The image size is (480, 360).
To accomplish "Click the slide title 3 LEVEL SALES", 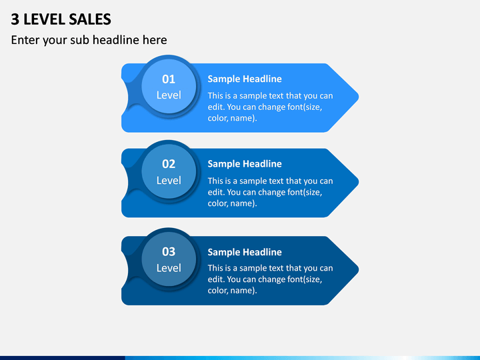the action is [x=61, y=19].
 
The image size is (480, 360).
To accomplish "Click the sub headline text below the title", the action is [x=89, y=40].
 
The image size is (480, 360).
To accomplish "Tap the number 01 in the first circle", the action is [x=169, y=79].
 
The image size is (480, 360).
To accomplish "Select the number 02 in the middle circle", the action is [x=169, y=164].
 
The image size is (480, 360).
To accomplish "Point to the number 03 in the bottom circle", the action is [x=169, y=251].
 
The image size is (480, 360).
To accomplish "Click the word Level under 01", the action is [x=169, y=95].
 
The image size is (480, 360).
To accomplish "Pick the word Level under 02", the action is [x=169, y=180].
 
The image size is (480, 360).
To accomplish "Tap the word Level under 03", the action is [x=169, y=268].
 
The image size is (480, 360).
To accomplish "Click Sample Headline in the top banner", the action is [x=245, y=79].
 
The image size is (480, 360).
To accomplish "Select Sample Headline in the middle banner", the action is [x=245, y=164].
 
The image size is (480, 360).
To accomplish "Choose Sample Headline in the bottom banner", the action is [x=245, y=252].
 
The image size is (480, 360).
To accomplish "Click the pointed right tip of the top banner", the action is [x=359, y=97].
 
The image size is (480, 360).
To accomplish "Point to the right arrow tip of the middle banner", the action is [x=359, y=182].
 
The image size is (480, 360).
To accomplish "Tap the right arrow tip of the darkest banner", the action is [x=359, y=269].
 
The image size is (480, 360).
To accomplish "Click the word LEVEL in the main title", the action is [x=44, y=19].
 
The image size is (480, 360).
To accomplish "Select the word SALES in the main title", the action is [x=90, y=19].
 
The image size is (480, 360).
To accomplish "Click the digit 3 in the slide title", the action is [x=15, y=19].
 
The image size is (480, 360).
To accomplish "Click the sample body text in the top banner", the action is [x=270, y=107].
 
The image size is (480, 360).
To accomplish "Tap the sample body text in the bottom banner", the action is [x=270, y=279].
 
